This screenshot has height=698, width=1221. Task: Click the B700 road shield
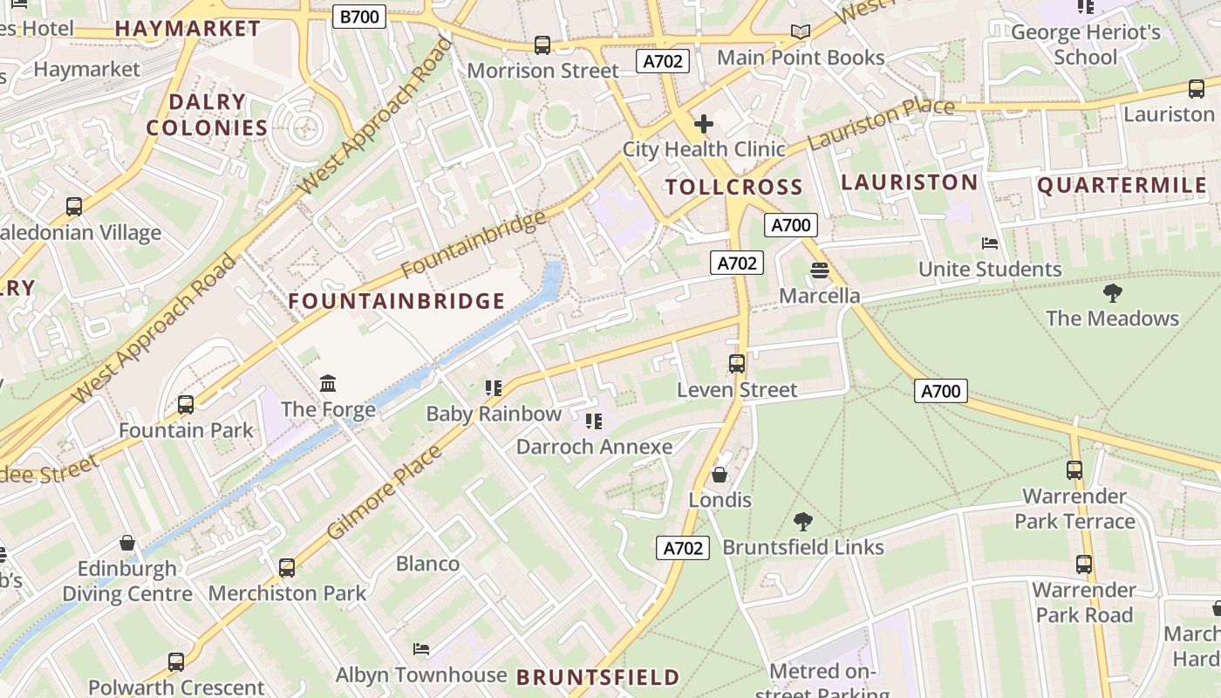pyautogui.click(x=359, y=16)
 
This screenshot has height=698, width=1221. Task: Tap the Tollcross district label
pyautogui.click(x=733, y=187)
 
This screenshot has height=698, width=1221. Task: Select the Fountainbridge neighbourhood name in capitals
pyautogui.click(x=397, y=301)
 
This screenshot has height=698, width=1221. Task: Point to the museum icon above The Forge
pyautogui.click(x=328, y=383)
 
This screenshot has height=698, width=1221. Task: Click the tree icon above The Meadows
pyautogui.click(x=1112, y=292)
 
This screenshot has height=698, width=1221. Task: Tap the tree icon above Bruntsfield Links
pyautogui.click(x=803, y=522)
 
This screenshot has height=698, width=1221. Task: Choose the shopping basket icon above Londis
pyautogui.click(x=720, y=475)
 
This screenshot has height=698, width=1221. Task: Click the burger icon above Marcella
pyautogui.click(x=819, y=270)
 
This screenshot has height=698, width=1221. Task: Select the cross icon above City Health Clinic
pyautogui.click(x=703, y=124)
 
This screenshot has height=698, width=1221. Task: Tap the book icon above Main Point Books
pyautogui.click(x=800, y=32)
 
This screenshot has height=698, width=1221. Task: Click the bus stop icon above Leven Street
pyautogui.click(x=737, y=364)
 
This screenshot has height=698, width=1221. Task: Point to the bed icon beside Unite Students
pyautogui.click(x=989, y=243)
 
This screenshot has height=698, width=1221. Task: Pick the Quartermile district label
pyautogui.click(x=1122, y=185)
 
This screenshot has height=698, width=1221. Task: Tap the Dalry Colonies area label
pyautogui.click(x=207, y=114)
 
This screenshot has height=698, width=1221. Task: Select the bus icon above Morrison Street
pyautogui.click(x=542, y=44)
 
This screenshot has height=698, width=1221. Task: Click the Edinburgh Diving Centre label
pyautogui.click(x=127, y=581)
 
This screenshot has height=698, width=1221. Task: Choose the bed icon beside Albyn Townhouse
pyautogui.click(x=420, y=649)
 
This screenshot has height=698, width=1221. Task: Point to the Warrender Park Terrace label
pyautogui.click(x=1074, y=509)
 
